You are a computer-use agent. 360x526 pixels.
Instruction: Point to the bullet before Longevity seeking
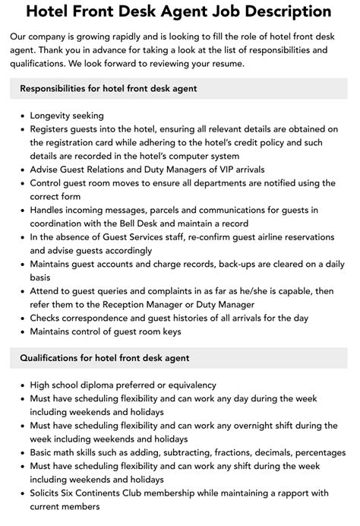click(x=24, y=116)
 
